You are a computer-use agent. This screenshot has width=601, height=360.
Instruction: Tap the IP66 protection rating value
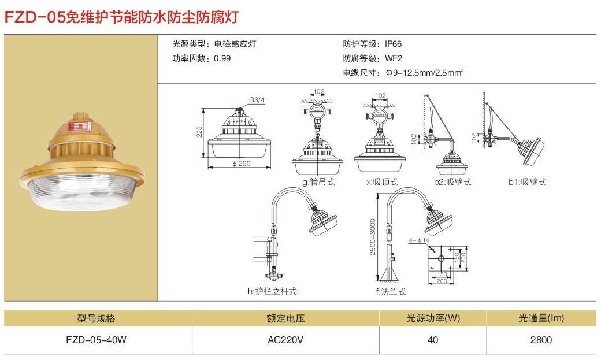[x=394, y=44]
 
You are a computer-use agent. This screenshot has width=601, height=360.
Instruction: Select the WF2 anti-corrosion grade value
[x=394, y=58]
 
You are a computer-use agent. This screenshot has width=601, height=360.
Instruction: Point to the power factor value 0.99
[x=222, y=58]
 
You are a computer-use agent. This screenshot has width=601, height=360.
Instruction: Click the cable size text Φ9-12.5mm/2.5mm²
[x=425, y=73]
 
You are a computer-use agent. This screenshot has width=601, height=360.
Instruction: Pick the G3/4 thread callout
[x=257, y=100]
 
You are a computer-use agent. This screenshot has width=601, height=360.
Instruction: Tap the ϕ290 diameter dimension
[x=240, y=164]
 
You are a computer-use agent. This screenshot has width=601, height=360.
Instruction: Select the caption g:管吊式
[x=318, y=182]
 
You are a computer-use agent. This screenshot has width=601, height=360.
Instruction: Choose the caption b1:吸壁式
[x=527, y=182]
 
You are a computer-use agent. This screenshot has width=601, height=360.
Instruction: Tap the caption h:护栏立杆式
[x=272, y=291]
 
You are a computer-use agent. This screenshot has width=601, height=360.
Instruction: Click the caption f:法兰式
[x=391, y=291]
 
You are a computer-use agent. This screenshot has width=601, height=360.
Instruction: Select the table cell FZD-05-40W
[x=97, y=340]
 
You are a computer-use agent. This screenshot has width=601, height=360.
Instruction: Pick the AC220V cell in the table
[x=285, y=340]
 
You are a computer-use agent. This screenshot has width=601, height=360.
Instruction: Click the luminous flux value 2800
[x=541, y=340]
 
